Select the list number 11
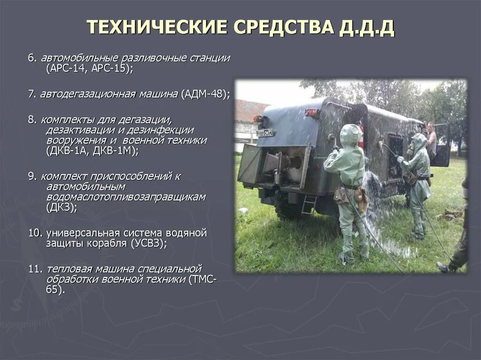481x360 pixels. [34, 269]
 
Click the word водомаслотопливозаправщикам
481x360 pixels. [126, 197]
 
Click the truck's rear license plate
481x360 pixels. [265, 133]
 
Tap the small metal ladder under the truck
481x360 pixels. [309, 205]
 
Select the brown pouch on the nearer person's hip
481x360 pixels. [361, 197]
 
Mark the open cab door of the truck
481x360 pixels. [442, 145]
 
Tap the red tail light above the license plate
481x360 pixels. [258, 119]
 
